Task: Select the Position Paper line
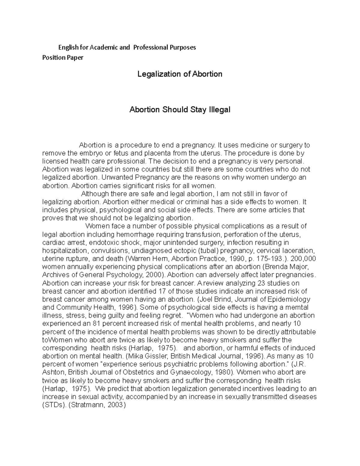tap(63, 58)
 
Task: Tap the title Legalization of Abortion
tap(180, 74)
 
